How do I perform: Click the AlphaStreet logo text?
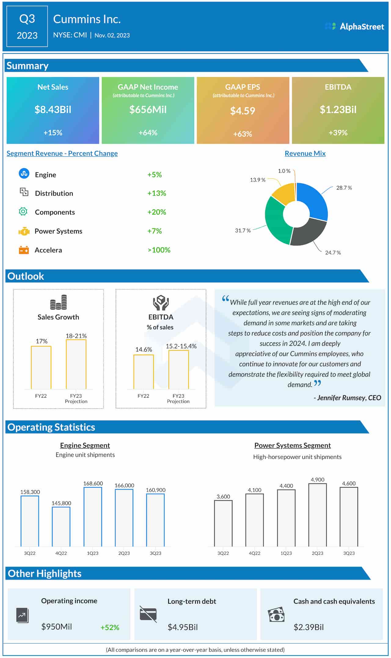coord(362,27)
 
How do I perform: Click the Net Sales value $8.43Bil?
coord(53,110)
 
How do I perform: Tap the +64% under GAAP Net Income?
coord(148,133)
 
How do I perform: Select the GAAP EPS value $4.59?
coord(243,111)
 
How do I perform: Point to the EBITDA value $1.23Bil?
coord(338,110)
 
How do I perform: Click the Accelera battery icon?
coord(24,250)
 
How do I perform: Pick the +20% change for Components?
coord(156,212)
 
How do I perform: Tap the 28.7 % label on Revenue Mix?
coord(344,188)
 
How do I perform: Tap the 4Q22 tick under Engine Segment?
coord(61,553)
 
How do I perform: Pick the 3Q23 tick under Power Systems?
coord(349,553)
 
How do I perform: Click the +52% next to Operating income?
coord(110,627)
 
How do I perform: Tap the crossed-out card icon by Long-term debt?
coord(148,614)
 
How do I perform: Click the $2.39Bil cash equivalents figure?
coord(309,627)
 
